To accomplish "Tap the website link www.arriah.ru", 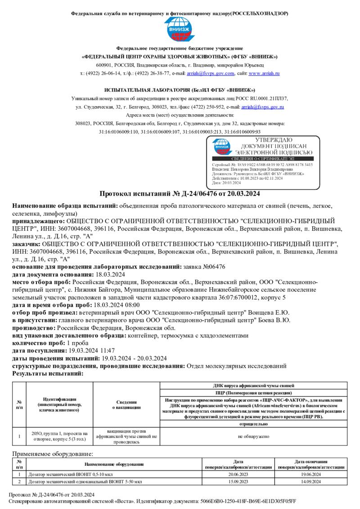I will [x=264, y=73].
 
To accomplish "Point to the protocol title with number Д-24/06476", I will [x=180, y=194].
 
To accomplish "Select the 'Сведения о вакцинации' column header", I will [x=126, y=405].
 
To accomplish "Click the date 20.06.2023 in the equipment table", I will [x=238, y=474].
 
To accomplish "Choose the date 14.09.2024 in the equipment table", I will [x=310, y=482].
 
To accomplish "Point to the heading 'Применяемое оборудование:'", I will [x=53, y=455].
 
